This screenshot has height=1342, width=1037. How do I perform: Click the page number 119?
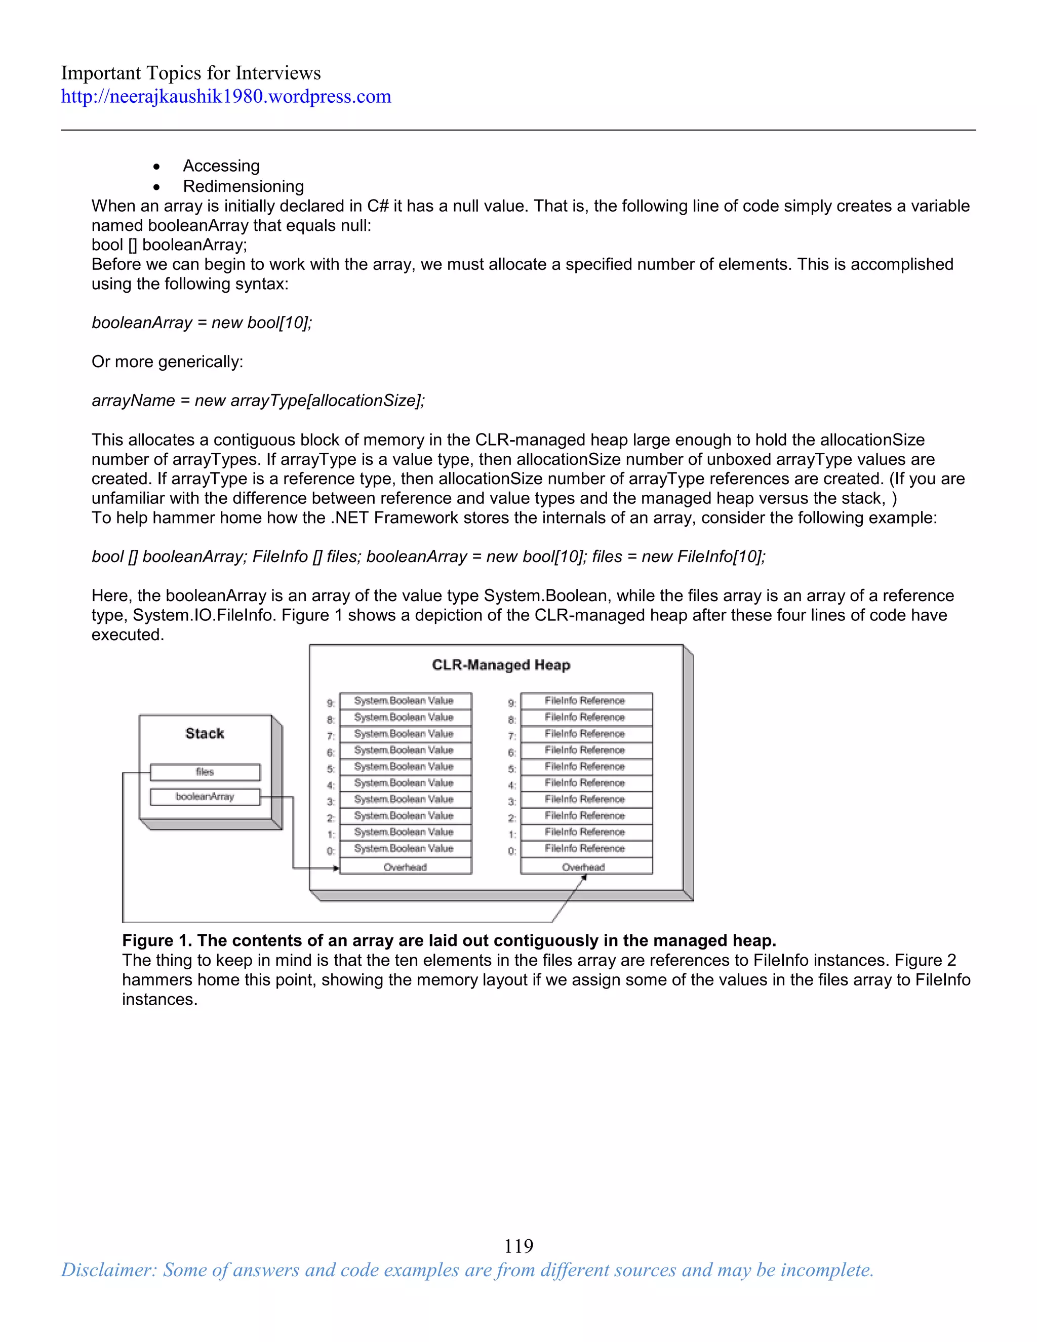(x=518, y=1246)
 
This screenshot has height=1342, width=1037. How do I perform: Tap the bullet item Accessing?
(x=221, y=166)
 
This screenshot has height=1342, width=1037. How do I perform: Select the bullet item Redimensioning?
(x=243, y=186)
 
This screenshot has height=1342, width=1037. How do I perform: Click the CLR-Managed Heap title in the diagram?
(x=501, y=665)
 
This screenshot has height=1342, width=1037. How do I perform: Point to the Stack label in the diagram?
(x=205, y=733)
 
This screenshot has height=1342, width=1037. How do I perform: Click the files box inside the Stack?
(x=205, y=772)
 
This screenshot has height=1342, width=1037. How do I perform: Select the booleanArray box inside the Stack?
(x=205, y=797)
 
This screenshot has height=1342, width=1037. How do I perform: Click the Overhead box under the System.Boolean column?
(x=406, y=867)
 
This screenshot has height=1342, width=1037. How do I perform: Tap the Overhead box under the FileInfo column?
(x=586, y=867)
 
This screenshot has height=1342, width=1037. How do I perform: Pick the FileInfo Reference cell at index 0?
(x=585, y=848)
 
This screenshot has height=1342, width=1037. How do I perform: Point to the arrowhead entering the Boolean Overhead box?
(x=336, y=868)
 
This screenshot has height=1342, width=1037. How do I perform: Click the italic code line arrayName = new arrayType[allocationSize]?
(x=258, y=401)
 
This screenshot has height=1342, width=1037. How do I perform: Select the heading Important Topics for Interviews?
(x=190, y=73)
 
